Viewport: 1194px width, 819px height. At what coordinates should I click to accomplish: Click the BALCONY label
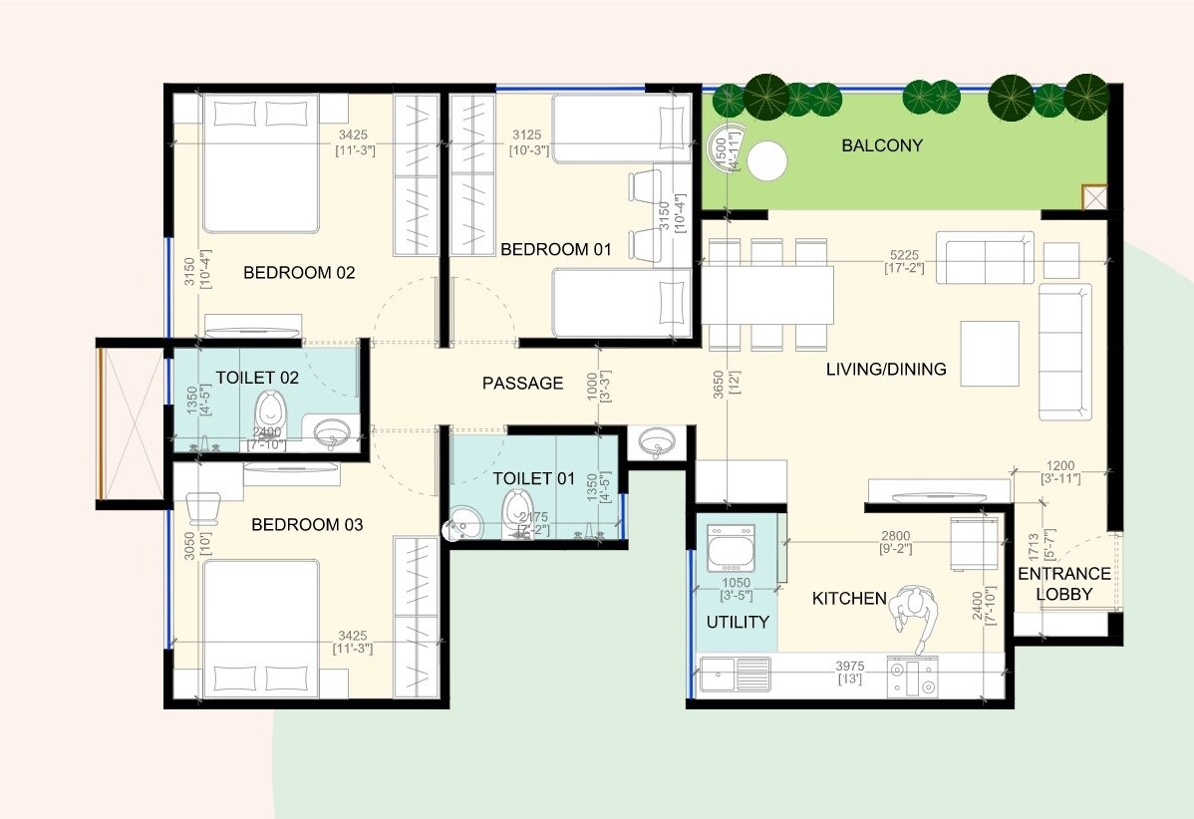pos(882,145)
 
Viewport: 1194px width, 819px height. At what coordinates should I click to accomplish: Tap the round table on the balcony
pos(767,161)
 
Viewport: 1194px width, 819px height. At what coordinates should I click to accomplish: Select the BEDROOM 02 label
pos(299,272)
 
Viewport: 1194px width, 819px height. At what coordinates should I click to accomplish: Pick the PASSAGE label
pos(522,383)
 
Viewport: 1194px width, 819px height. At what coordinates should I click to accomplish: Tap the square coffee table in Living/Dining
pos(989,353)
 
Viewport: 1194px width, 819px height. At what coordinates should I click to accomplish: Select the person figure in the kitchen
pos(913,615)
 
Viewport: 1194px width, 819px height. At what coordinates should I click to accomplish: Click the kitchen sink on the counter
pos(735,675)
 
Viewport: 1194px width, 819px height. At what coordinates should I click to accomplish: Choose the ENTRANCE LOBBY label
pos(1064,584)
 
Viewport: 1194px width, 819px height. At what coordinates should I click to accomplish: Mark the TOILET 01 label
pos(534,478)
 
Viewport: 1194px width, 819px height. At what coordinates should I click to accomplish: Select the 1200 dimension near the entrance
pos(1059,464)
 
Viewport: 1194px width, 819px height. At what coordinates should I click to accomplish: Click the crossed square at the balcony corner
pos(1094,197)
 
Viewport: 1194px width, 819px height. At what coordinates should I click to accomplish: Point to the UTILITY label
pos(738,622)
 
